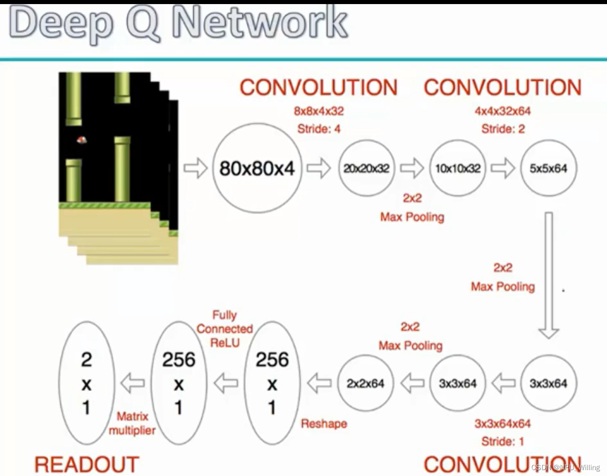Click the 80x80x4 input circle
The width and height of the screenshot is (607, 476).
[257, 168]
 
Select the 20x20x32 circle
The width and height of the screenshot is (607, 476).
[366, 168]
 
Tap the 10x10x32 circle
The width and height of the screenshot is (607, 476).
[458, 168]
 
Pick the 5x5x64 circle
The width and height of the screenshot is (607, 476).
[548, 168]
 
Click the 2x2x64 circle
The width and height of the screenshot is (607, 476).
[366, 383]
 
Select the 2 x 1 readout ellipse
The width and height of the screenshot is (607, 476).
[86, 383]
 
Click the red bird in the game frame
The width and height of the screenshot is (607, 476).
[82, 140]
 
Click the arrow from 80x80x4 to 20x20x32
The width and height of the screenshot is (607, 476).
[319, 168]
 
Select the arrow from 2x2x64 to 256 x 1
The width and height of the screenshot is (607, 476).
[319, 383]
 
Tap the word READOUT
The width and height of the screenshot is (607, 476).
[87, 465]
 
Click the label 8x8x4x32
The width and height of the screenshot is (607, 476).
[318, 111]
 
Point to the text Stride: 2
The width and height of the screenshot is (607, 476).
[503, 129]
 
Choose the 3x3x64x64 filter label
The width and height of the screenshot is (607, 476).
[502, 424]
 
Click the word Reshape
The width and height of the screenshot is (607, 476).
[324, 424]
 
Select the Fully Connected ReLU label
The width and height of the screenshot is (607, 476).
[225, 329]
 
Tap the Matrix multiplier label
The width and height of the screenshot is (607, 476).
[132, 423]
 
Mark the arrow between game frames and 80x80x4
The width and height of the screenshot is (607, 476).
[195, 168]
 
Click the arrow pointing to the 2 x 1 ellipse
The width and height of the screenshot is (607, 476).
[133, 383]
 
